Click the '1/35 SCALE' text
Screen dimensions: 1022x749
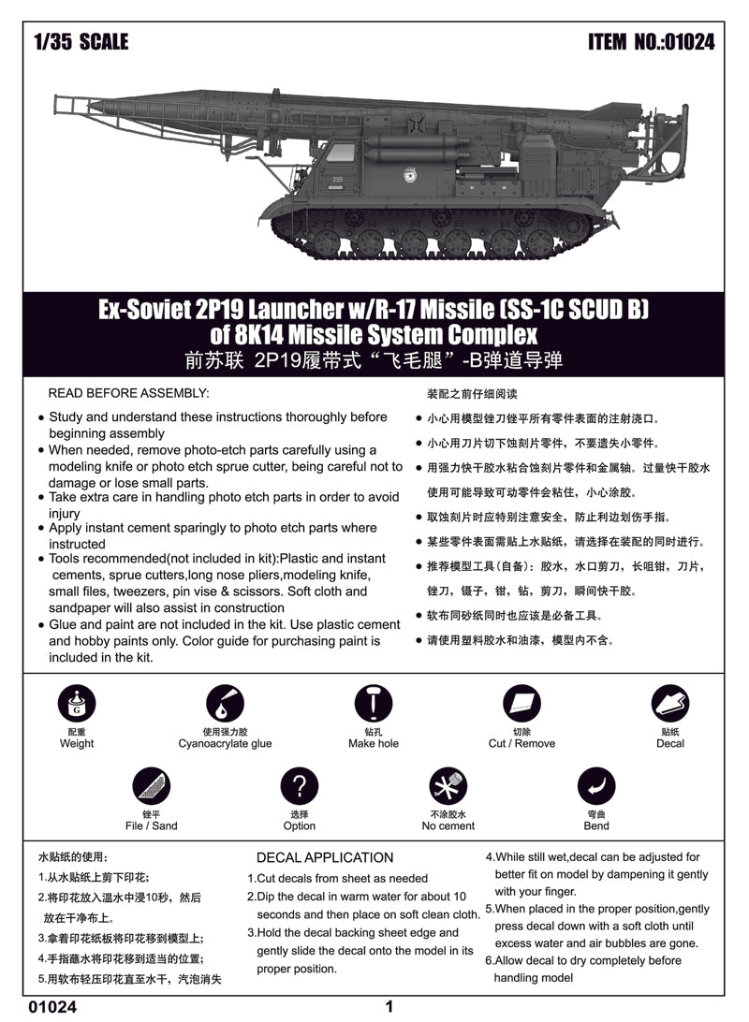pyautogui.click(x=80, y=42)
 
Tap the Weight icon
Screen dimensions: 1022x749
pyautogui.click(x=76, y=704)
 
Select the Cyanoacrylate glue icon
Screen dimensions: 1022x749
pyautogui.click(x=225, y=704)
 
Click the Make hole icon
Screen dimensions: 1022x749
pyautogui.click(x=374, y=704)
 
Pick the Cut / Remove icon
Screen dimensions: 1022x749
pyautogui.click(x=521, y=704)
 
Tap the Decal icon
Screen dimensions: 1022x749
pyautogui.click(x=670, y=704)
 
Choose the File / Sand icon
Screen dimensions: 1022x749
pyautogui.click(x=151, y=786)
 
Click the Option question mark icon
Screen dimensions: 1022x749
pyautogui.click(x=300, y=786)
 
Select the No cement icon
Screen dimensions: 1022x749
pyautogui.click(x=448, y=786)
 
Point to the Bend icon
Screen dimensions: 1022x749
pyautogui.click(x=596, y=786)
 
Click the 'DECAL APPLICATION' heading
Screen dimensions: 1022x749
pyautogui.click(x=325, y=857)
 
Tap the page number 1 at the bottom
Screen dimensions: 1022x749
pyautogui.click(x=388, y=1007)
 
